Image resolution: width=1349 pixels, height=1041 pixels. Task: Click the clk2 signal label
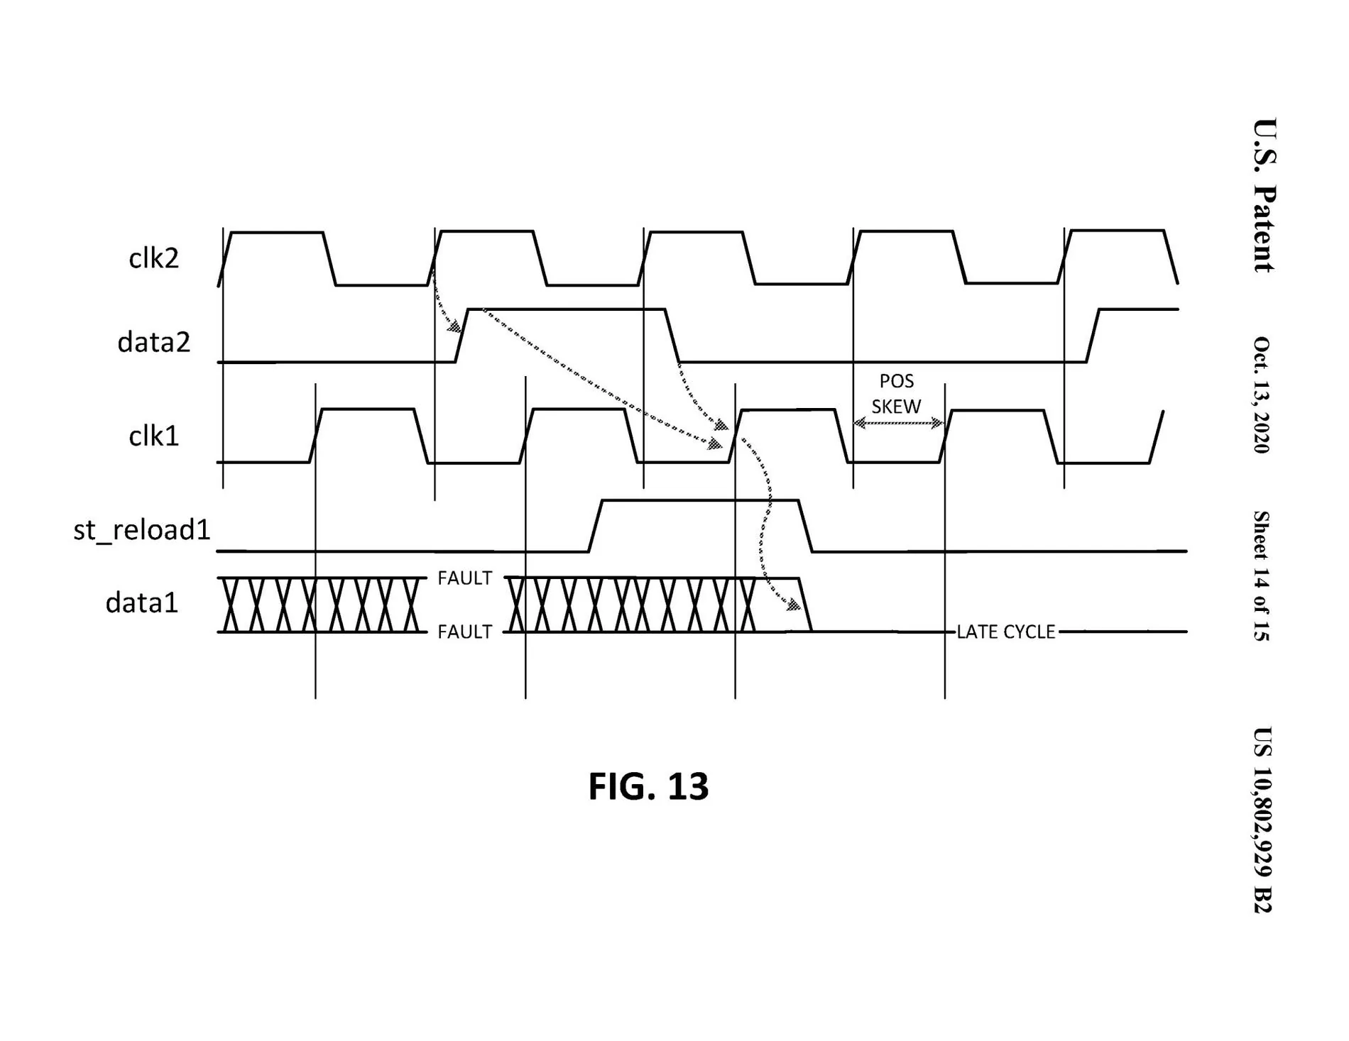(153, 258)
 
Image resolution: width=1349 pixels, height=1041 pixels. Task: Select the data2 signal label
(153, 342)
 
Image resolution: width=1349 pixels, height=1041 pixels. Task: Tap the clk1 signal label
(153, 436)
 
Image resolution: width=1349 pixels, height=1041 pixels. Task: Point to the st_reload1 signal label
(142, 529)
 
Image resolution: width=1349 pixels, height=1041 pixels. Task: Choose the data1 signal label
(141, 602)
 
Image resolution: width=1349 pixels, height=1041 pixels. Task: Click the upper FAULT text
(464, 578)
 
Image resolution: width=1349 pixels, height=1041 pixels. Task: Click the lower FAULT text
(464, 632)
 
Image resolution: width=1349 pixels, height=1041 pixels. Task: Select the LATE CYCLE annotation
(1005, 632)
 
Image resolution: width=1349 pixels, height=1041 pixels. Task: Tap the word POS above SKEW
(897, 381)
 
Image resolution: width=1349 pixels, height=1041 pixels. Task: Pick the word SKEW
(896, 407)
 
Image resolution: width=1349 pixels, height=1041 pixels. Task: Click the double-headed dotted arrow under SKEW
(898, 424)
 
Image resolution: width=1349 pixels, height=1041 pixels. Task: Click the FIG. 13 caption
(648, 786)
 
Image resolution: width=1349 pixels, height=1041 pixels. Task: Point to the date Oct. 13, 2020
(1262, 395)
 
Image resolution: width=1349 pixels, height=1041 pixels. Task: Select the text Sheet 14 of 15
(1262, 575)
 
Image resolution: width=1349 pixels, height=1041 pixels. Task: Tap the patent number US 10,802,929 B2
(1262, 820)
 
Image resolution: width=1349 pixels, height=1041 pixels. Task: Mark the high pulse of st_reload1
(700, 501)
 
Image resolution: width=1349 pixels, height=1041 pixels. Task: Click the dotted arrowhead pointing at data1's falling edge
(793, 605)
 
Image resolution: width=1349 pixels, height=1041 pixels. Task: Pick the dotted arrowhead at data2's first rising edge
(454, 327)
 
